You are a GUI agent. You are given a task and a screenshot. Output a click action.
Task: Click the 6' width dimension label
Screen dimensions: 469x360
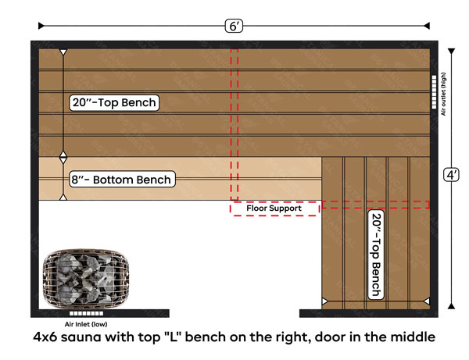coord(234,26)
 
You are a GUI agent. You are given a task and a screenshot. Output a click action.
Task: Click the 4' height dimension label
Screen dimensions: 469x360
coord(451,175)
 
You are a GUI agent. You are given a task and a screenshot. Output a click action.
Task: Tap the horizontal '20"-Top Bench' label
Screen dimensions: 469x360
coord(114,103)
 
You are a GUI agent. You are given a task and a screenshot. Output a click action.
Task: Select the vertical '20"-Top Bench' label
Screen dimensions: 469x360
coord(376,255)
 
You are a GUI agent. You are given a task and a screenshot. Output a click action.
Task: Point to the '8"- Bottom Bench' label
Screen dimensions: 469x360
coord(122,180)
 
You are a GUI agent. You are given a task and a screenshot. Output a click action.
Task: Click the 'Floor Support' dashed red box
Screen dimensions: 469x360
coord(274,209)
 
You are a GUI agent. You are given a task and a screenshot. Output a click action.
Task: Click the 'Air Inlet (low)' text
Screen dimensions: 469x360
coord(86,324)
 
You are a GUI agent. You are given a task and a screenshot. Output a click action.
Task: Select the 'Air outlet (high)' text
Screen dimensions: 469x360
coord(443,94)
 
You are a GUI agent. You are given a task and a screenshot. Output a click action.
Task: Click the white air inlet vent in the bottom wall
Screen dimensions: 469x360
coord(87,313)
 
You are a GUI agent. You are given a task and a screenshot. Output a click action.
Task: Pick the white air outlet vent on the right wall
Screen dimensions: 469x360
coord(434,92)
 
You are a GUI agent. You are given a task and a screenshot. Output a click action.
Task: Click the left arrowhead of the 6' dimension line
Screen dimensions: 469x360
coord(41,26)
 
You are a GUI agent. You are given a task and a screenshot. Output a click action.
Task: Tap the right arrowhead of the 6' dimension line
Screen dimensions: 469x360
coord(427,26)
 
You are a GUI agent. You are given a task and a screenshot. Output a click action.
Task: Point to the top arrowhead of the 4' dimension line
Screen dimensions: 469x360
coord(451,52)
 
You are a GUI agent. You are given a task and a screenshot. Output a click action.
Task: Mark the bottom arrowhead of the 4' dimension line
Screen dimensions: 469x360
coord(451,306)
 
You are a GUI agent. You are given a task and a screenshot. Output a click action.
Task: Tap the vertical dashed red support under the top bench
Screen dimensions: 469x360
coord(234,124)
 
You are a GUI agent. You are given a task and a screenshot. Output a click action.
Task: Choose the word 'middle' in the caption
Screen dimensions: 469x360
coord(413,337)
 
